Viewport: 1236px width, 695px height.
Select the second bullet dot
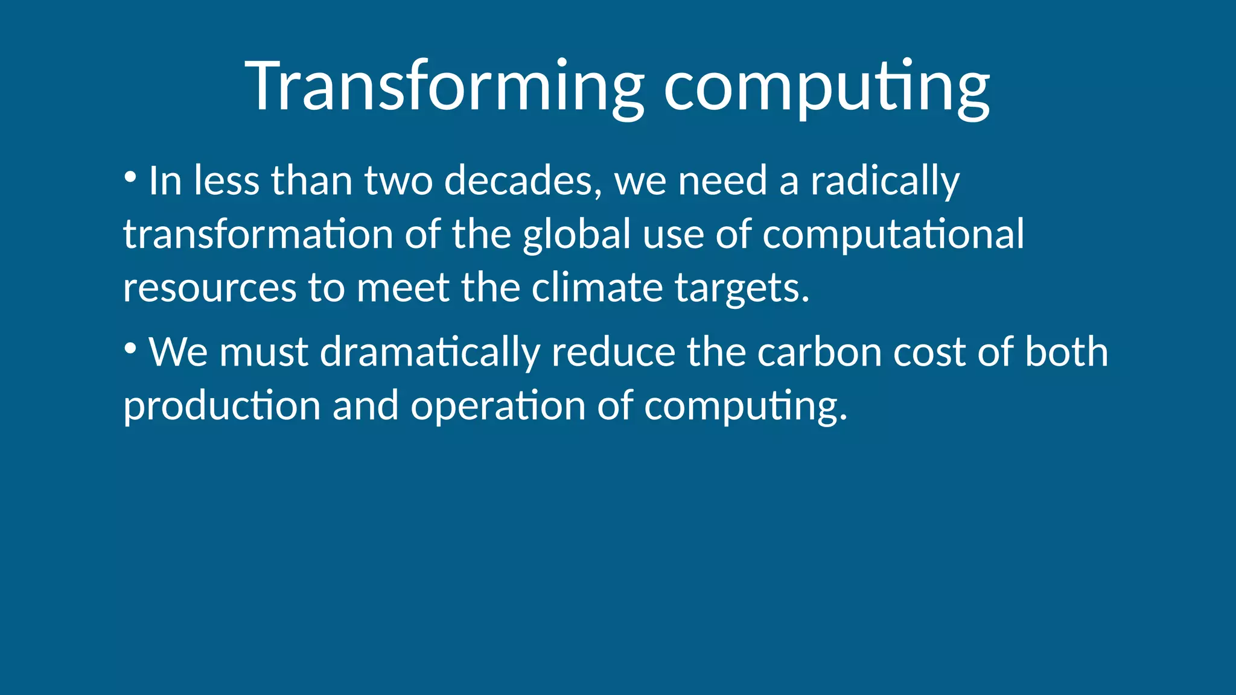130,348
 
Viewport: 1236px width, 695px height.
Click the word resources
209,287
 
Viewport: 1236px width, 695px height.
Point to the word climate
597,287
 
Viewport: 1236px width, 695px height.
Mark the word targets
742,288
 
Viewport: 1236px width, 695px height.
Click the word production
221,405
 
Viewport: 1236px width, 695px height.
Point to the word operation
498,405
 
